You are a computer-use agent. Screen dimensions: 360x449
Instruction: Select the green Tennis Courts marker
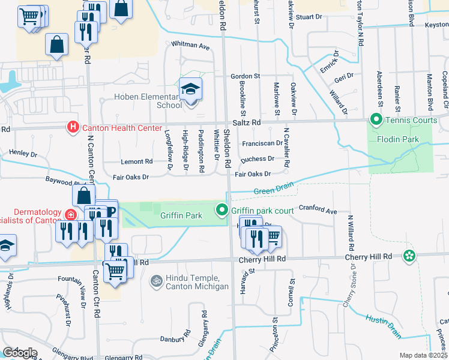[376, 120]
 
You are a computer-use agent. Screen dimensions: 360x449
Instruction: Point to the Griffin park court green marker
[221, 210]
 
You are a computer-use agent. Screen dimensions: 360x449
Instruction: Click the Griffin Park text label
[181, 215]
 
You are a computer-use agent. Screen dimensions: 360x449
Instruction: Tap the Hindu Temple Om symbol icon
[156, 280]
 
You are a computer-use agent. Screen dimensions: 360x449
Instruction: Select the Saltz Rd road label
[247, 122]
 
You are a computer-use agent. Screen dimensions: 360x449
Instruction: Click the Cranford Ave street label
[318, 211]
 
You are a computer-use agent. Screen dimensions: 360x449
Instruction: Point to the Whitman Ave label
[190, 46]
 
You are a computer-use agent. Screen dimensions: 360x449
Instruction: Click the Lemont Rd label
[136, 161]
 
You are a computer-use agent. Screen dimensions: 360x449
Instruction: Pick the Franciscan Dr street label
[262, 143]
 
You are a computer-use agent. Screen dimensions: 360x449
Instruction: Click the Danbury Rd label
[175, 339]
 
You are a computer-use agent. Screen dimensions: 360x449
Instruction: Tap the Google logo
[19, 353]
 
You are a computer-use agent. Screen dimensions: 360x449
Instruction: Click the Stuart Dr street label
[309, 17]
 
